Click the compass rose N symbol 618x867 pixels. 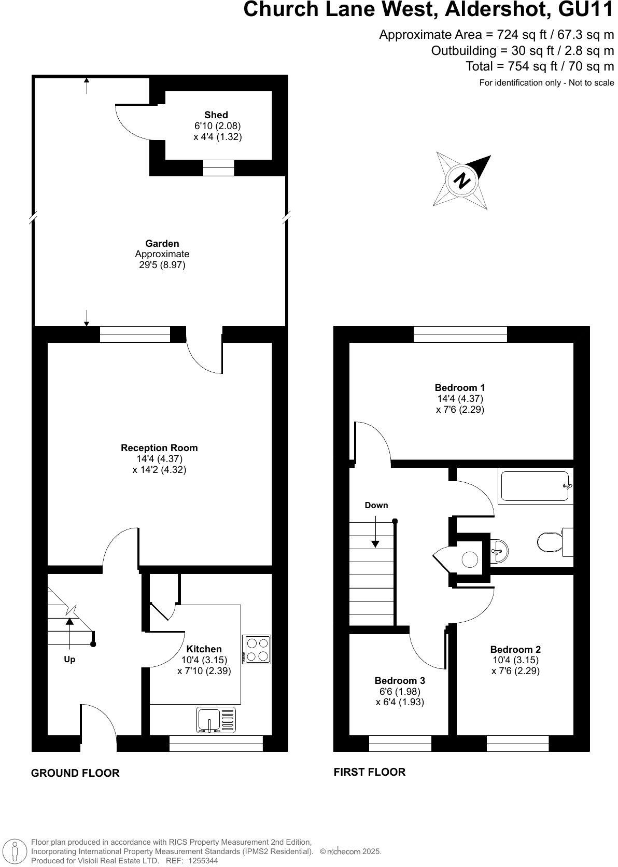(x=461, y=180)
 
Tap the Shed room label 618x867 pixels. (x=216, y=115)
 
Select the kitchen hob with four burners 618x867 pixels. (x=257, y=650)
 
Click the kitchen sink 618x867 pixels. (x=216, y=720)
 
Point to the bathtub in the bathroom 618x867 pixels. (x=535, y=486)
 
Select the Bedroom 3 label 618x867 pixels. (x=400, y=680)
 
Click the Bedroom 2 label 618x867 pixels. (x=515, y=649)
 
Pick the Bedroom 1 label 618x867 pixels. (x=459, y=387)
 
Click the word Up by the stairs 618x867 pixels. (x=69, y=659)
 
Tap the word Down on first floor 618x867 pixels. (x=376, y=505)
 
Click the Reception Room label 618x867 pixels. (x=159, y=448)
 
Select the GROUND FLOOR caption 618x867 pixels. (x=75, y=773)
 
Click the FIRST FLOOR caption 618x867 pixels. (x=369, y=772)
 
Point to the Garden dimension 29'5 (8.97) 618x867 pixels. (x=160, y=265)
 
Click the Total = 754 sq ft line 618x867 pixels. (x=539, y=66)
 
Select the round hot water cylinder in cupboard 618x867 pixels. (x=470, y=560)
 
